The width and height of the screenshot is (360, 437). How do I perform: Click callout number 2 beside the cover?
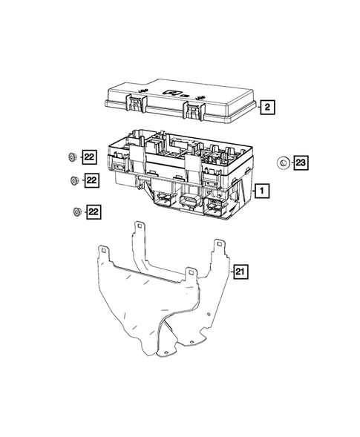[x=267, y=107]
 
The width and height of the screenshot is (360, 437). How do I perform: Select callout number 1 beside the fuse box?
[x=261, y=191]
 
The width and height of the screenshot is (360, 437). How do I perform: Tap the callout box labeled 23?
[x=300, y=162]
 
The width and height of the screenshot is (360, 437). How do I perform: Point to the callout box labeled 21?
[x=240, y=272]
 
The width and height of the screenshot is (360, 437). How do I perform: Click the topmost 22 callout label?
[x=90, y=157]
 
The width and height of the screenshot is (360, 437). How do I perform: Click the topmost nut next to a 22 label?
[x=71, y=157]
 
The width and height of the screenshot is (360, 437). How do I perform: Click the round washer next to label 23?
[x=282, y=162]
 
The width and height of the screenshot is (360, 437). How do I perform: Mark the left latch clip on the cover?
[x=140, y=104]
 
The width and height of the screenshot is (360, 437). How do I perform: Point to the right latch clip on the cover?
[x=193, y=111]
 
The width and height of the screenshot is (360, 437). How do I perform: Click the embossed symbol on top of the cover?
[x=176, y=93]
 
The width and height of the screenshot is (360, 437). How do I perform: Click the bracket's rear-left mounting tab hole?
[x=138, y=225]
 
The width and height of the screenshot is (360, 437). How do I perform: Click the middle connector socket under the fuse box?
[x=188, y=202]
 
